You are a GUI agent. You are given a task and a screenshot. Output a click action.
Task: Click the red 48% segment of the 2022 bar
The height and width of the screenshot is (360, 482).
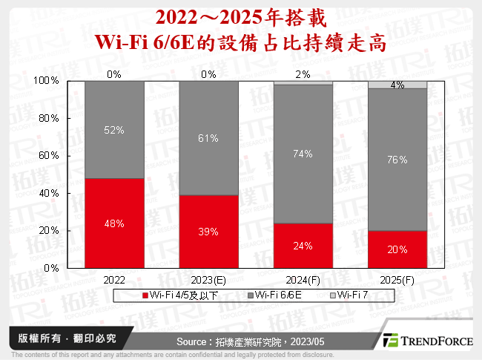click(114, 223)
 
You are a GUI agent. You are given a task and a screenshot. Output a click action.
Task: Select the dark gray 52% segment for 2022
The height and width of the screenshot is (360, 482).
click(114, 129)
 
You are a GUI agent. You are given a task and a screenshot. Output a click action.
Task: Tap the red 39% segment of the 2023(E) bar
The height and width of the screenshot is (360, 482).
click(208, 232)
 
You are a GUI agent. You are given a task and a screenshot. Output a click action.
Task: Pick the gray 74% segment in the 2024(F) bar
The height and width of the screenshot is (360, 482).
click(303, 154)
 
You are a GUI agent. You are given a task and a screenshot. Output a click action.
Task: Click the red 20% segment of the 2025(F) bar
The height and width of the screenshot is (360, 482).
click(397, 249)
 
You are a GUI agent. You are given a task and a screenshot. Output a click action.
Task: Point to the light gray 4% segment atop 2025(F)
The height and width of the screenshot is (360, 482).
click(397, 85)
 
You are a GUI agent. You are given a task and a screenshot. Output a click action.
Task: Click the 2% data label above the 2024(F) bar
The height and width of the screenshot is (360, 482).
click(303, 74)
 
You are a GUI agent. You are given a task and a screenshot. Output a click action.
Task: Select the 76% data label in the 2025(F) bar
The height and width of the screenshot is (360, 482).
click(397, 159)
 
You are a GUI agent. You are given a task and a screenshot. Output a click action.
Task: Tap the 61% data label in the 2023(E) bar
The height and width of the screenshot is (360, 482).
click(208, 138)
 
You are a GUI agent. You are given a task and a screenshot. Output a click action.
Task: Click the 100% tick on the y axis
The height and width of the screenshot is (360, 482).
click(47, 80)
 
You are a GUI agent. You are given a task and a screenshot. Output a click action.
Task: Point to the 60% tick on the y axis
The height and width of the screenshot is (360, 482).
click(49, 156)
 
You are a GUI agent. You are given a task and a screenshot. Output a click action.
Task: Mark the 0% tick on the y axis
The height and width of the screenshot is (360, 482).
click(52, 268)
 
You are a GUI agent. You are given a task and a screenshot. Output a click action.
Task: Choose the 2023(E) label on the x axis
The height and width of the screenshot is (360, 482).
click(208, 281)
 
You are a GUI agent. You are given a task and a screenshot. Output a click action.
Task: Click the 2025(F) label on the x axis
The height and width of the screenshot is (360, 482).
click(397, 281)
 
